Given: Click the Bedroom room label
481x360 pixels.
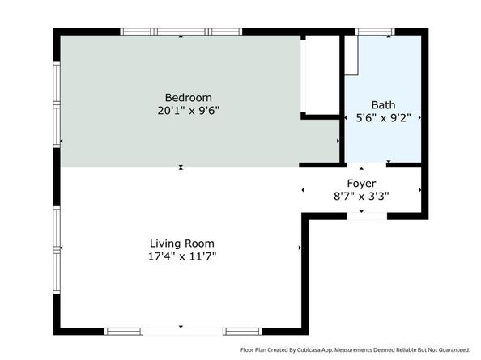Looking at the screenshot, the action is pyautogui.click(x=189, y=98).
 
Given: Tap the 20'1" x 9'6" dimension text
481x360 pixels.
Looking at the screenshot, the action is pyautogui.click(x=189, y=111).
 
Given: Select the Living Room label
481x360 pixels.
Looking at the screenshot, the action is pyautogui.click(x=182, y=244).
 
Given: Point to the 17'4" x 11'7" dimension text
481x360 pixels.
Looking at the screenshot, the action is pyautogui.click(x=182, y=256).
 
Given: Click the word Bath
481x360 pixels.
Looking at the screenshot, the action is pyautogui.click(x=383, y=105).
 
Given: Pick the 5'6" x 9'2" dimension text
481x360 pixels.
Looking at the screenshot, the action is pyautogui.click(x=383, y=117).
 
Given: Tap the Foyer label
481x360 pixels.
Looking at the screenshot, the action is pyautogui.click(x=361, y=184).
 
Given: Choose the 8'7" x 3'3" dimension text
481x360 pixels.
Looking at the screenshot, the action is pyautogui.click(x=361, y=196).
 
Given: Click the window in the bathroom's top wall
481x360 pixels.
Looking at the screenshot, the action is pyautogui.click(x=375, y=32).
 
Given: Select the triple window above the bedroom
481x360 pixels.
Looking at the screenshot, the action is pyautogui.click(x=181, y=32).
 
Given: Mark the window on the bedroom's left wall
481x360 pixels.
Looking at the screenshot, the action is pyautogui.click(x=57, y=104).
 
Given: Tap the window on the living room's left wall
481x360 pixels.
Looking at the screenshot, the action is pyautogui.click(x=57, y=250).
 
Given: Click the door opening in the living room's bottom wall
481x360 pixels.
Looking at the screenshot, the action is pyautogui.click(x=183, y=331).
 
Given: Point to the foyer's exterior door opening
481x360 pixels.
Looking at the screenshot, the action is pyautogui.click(x=367, y=216).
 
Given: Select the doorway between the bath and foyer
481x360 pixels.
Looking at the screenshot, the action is pyautogui.click(x=366, y=165).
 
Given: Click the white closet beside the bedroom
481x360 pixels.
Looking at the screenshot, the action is pyautogui.click(x=320, y=75).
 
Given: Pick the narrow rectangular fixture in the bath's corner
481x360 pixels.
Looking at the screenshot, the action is pyautogui.click(x=352, y=55).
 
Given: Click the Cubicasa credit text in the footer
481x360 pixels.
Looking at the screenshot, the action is pyautogui.click(x=355, y=350).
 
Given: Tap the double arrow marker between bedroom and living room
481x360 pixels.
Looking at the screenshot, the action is pyautogui.click(x=181, y=167).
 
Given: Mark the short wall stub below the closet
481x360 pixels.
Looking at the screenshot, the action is pyautogui.click(x=320, y=116).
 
